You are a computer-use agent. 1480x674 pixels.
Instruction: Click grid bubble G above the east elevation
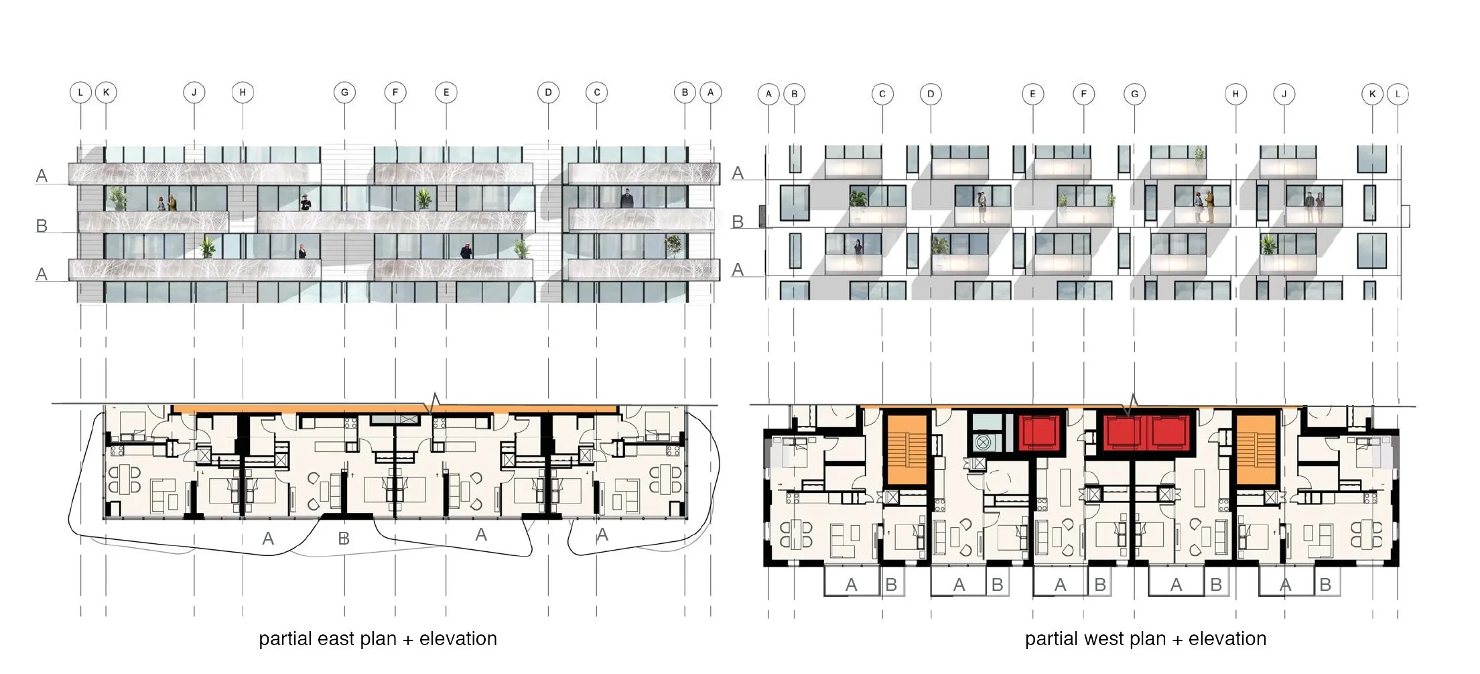pos(344,93)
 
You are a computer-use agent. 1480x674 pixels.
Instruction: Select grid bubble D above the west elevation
pos(931,94)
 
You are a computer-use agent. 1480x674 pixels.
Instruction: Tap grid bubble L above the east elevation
pos(80,93)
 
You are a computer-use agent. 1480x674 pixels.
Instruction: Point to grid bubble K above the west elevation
pos(1372,94)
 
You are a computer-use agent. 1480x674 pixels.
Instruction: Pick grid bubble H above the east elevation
pos(243,93)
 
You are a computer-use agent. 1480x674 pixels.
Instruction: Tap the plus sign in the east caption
pos(407,640)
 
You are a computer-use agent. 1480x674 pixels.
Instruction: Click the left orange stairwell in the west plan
pos(906,449)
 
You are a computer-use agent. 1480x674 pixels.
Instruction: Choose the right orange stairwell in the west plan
pos(1256,449)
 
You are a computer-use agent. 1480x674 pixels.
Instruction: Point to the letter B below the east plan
pos(344,539)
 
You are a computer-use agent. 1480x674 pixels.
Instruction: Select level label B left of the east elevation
pos(42,226)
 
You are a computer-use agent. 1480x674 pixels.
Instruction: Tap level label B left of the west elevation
pos(738,222)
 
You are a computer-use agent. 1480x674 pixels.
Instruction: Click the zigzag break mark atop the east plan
pos(433,403)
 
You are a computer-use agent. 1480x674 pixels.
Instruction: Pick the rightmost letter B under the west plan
pos(1325,585)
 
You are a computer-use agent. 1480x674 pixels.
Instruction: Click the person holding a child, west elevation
pos(981,207)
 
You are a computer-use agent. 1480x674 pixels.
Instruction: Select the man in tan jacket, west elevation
pos(1209,207)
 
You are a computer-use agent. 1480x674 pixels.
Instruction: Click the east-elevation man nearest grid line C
pos(626,198)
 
